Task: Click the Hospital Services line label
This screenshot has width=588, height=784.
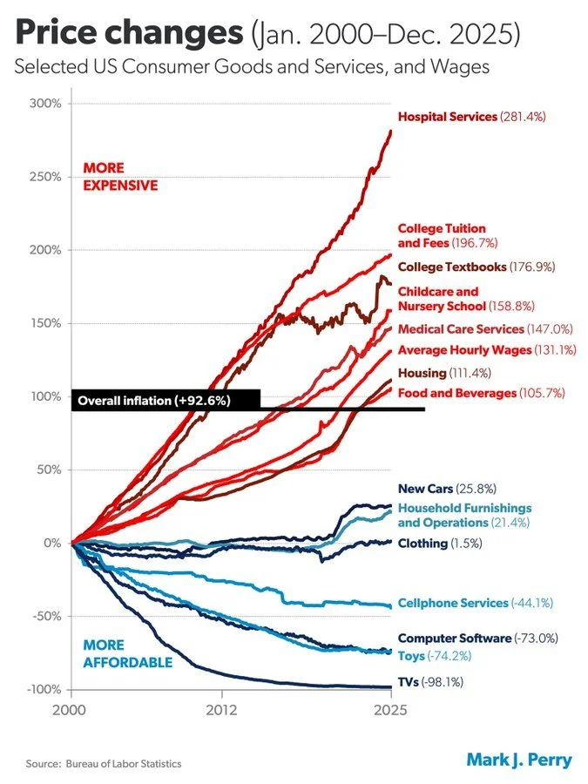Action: (x=448, y=116)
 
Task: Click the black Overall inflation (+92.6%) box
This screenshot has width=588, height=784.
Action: (x=165, y=401)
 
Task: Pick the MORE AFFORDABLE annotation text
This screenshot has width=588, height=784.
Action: (x=127, y=654)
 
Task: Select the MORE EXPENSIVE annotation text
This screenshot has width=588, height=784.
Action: (x=119, y=176)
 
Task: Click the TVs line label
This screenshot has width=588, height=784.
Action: (x=408, y=682)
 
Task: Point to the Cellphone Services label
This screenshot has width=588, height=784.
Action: (x=453, y=603)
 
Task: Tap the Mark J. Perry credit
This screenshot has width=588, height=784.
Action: (x=519, y=760)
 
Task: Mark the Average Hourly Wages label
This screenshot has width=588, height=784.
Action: (x=464, y=350)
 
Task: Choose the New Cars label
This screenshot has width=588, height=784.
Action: (x=424, y=489)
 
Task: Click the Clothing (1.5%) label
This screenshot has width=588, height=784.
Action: (x=440, y=544)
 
